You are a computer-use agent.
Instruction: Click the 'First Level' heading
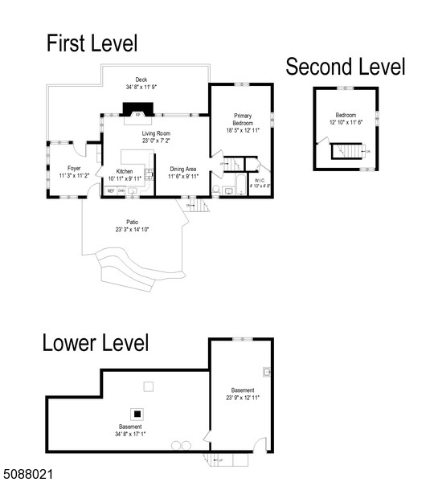[x=91, y=43]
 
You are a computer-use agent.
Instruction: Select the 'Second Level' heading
[x=346, y=67]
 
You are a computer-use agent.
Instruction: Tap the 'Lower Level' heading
[x=96, y=343]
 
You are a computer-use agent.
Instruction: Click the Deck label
[x=141, y=80]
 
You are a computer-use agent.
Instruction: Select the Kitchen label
[x=124, y=171]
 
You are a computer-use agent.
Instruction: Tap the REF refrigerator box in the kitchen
[x=110, y=191]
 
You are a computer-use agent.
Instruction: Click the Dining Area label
[x=182, y=170]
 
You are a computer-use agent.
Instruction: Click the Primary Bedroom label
[x=243, y=120]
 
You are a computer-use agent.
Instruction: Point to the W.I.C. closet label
[x=260, y=181]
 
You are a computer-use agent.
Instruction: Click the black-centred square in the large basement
[x=138, y=413]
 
